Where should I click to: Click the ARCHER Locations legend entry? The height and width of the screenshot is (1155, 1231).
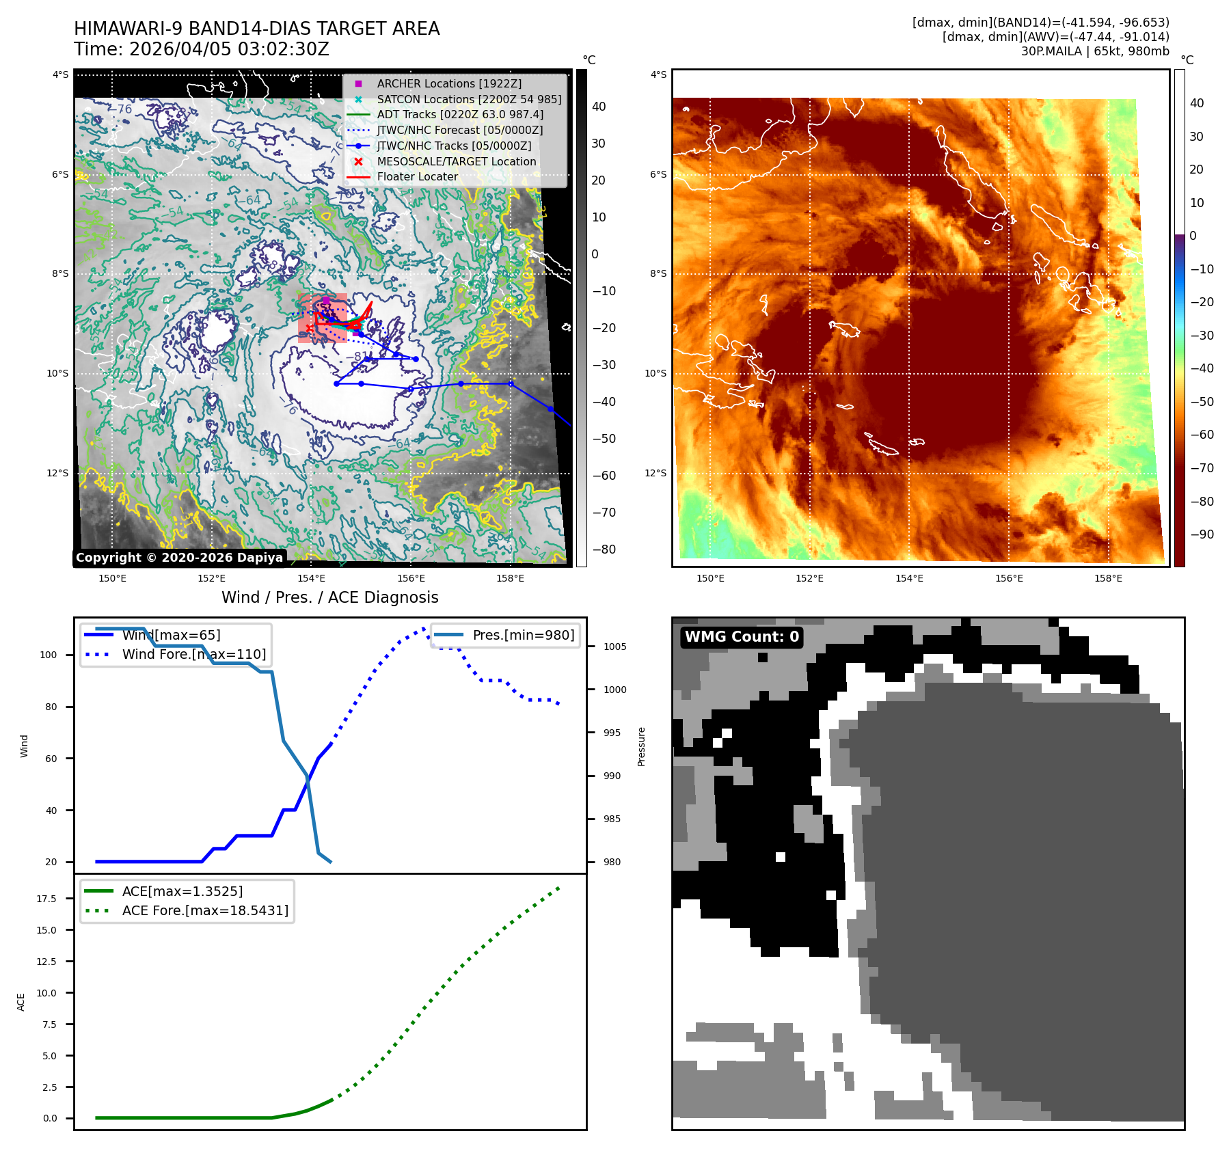tap(448, 83)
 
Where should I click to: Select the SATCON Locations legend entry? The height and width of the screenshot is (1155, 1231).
tap(468, 99)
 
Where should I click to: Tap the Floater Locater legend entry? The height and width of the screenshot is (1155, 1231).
tap(417, 176)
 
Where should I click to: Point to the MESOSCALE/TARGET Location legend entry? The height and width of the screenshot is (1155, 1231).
tap(456, 161)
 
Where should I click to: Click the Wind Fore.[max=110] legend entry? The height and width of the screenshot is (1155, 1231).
tap(193, 654)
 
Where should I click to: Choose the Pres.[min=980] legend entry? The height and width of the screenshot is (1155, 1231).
tap(523, 635)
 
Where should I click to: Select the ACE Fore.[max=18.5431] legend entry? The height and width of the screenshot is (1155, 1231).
tap(205, 910)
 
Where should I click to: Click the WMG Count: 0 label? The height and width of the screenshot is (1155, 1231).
tap(742, 637)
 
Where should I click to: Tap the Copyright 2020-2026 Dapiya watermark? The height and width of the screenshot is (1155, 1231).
tap(179, 558)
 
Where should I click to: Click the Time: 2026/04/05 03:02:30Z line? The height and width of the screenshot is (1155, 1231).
tap(202, 49)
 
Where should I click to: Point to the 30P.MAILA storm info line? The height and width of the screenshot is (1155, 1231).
tap(1095, 51)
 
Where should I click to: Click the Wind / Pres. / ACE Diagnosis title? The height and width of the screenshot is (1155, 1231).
tap(329, 597)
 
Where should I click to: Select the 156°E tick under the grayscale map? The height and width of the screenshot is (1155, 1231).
tap(411, 578)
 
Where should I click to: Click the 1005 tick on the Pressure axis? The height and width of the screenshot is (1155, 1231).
tap(614, 647)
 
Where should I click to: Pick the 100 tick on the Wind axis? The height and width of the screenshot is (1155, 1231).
tap(49, 655)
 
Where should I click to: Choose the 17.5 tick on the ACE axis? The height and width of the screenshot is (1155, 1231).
tap(46, 899)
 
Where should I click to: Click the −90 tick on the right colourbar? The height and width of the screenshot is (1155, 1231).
tap(1202, 534)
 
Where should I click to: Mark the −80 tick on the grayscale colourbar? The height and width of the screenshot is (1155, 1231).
tap(604, 549)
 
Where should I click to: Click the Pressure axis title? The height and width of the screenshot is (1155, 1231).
tap(641, 746)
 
